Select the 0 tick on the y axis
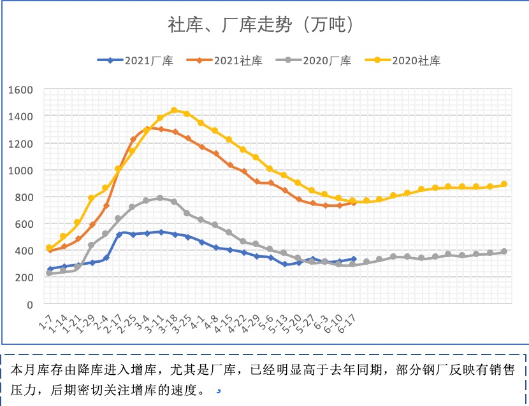click(29, 305)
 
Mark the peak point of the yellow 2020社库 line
click(174, 111)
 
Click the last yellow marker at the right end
click(504, 185)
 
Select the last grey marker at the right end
click(504, 251)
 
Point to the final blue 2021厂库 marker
click(353, 260)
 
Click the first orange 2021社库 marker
click(50, 250)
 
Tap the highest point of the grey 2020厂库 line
click(160, 198)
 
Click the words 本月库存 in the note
click(32, 370)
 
